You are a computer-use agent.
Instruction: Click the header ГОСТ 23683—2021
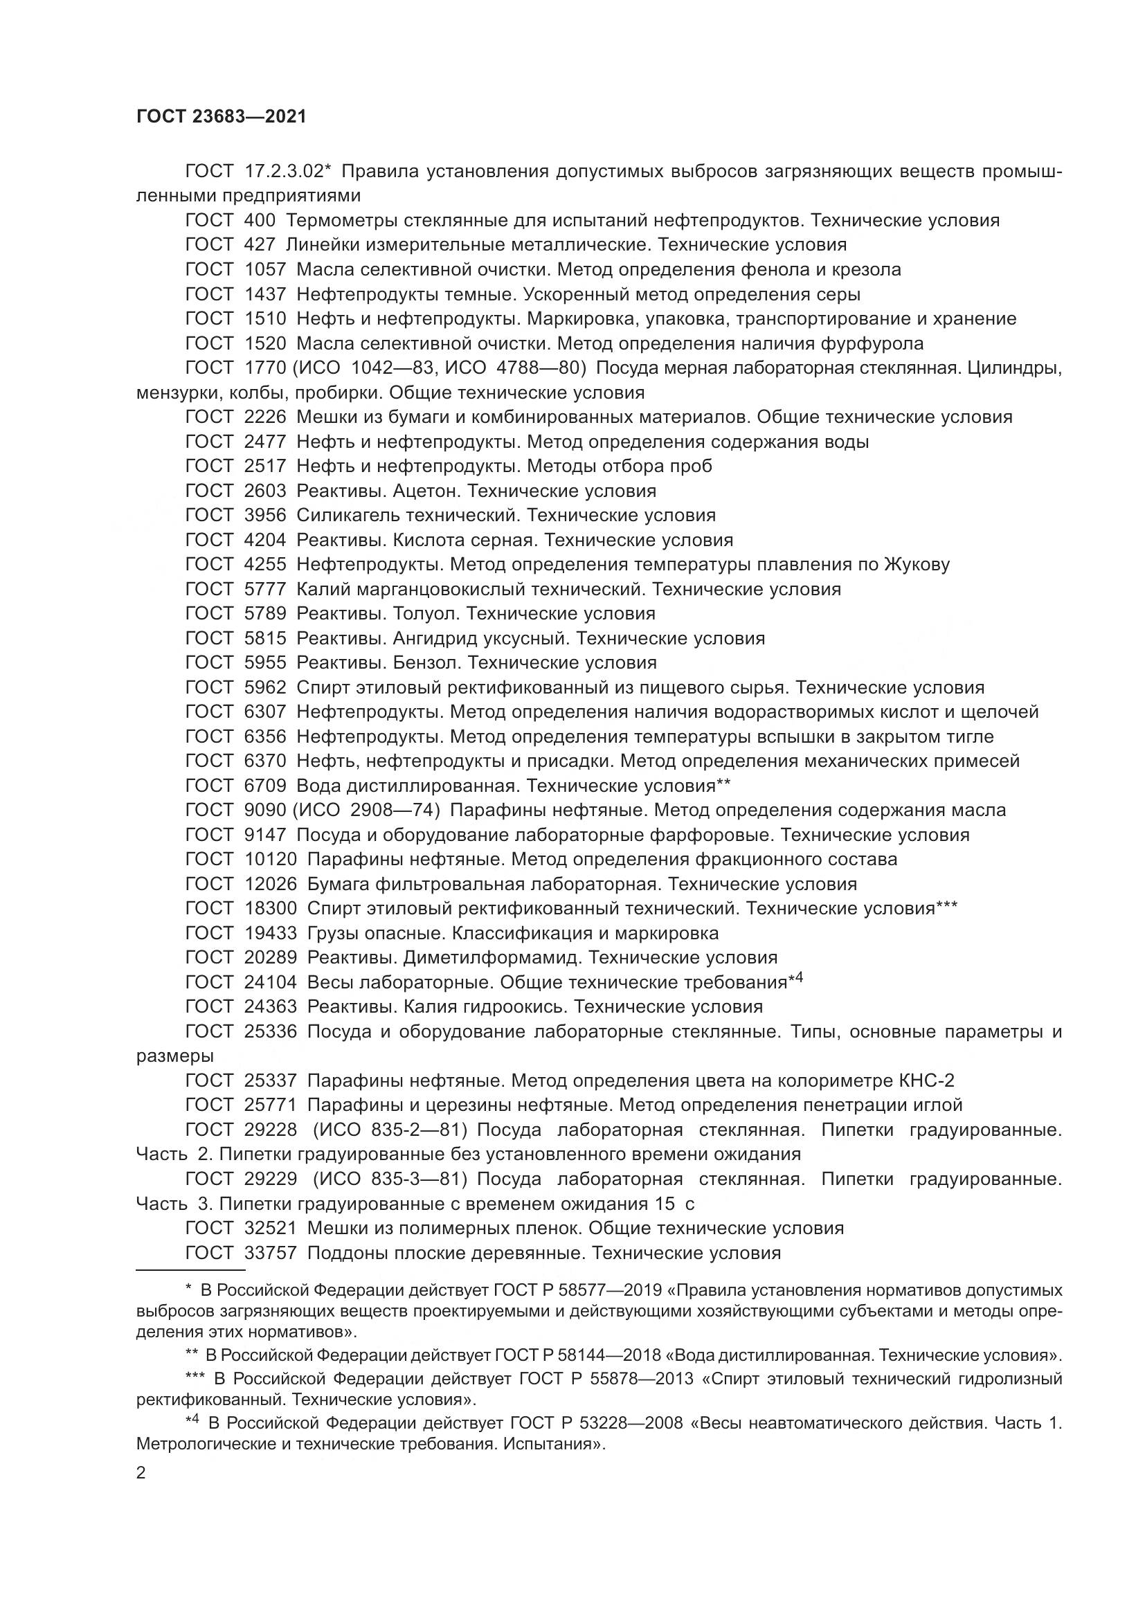coord(222,116)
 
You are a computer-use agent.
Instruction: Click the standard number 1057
coord(265,269)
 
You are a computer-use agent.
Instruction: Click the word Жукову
coord(915,564)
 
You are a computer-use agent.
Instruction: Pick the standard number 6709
coord(265,786)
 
